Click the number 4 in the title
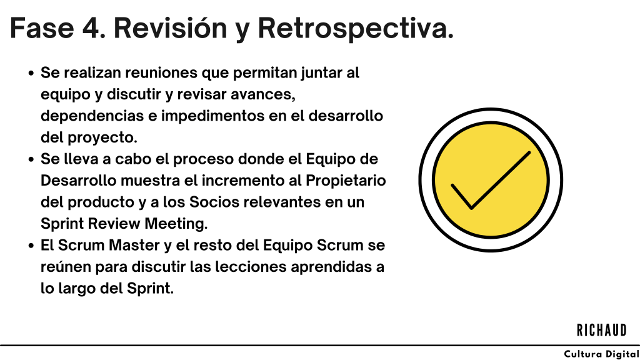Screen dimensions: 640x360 click(x=94, y=28)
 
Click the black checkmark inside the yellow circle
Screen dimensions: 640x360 click(x=491, y=180)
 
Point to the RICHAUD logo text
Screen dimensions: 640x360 click(x=602, y=330)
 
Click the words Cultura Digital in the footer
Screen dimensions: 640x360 click(x=602, y=354)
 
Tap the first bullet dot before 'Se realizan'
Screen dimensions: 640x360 click(x=31, y=74)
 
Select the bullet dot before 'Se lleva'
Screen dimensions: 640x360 click(x=31, y=159)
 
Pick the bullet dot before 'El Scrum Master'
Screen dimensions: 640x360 click(x=31, y=246)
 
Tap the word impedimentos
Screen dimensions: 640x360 click(x=212, y=116)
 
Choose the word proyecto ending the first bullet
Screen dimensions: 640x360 click(x=102, y=138)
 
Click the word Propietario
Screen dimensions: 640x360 click(x=346, y=181)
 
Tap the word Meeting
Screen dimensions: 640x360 click(x=176, y=224)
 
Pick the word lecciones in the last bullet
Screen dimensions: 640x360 click(x=251, y=267)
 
